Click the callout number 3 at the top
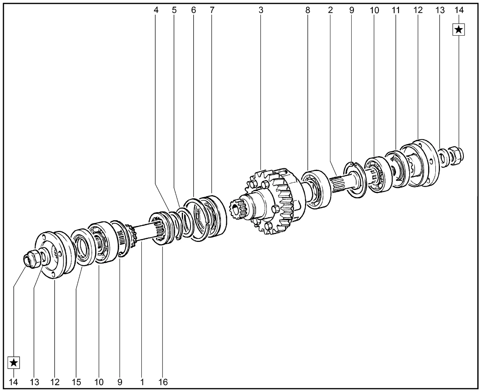click(261, 10)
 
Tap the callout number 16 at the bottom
click(163, 382)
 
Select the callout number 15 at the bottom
click(76, 382)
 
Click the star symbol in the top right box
click(458, 30)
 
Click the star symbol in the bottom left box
click(14, 362)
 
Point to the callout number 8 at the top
click(308, 10)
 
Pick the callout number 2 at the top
click(330, 10)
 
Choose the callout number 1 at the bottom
click(142, 382)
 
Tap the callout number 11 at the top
click(396, 10)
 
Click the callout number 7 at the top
click(212, 10)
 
